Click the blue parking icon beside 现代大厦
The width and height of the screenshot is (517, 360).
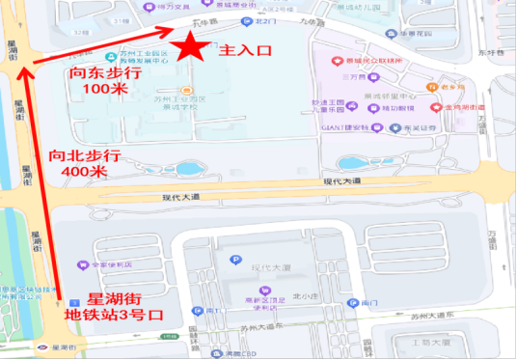(x=234, y=259)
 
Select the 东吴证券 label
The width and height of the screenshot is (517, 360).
(x=423, y=125)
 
